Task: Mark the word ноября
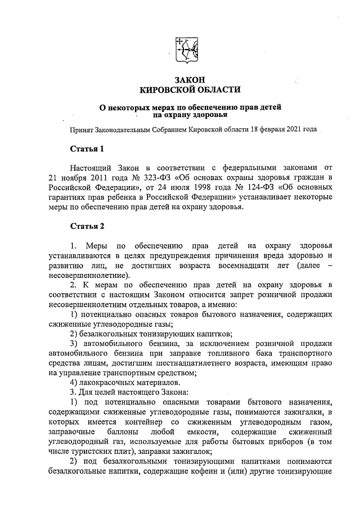coord(61,179)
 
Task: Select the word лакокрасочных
coord(107,383)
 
